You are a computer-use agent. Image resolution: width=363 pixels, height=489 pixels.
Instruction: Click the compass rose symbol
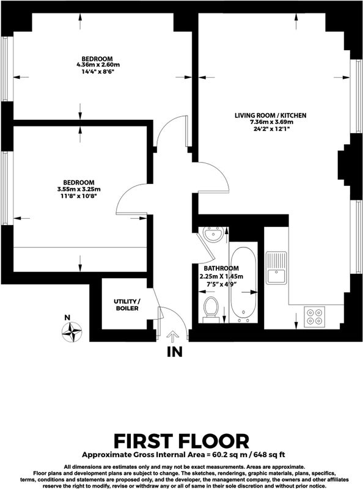tap(71, 332)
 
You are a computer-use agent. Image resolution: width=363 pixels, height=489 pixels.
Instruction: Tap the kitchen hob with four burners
tap(314, 317)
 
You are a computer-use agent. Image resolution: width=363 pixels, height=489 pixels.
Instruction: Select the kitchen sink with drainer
tap(276, 268)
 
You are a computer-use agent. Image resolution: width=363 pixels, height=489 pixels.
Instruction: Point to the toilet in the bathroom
tap(210, 310)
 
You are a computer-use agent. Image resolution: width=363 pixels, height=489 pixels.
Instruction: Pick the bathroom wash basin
tap(213, 235)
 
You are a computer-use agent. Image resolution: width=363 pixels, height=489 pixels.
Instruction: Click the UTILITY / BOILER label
tap(127, 305)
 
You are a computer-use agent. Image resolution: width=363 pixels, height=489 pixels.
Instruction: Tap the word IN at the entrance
tap(175, 352)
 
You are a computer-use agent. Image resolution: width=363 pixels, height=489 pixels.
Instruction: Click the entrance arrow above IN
tap(172, 338)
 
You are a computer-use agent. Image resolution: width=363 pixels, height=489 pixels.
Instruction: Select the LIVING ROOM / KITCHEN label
tap(270, 116)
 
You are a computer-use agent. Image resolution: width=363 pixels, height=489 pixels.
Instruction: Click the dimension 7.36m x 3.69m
tap(270, 122)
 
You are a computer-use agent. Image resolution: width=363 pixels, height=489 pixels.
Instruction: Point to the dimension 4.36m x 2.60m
tap(98, 65)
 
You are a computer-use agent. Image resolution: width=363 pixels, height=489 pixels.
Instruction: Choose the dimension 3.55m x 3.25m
tap(79, 189)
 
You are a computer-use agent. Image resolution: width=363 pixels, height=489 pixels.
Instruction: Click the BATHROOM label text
tap(221, 268)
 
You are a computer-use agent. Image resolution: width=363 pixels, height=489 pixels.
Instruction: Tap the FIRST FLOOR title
tap(182, 441)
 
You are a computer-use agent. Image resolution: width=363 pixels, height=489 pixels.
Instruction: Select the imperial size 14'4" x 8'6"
tap(98, 72)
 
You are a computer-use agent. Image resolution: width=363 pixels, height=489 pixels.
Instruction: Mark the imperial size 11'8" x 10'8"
tap(79, 196)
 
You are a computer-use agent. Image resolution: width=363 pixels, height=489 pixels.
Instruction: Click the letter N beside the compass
tap(67, 318)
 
